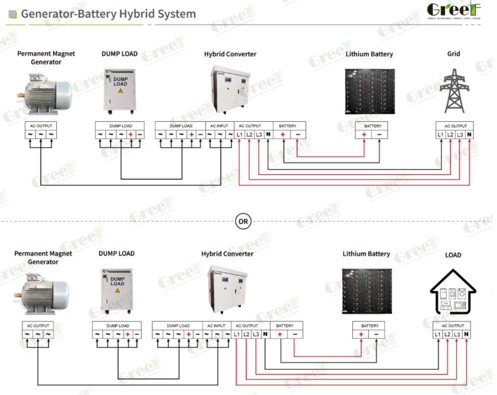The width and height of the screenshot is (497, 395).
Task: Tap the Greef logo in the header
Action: pos(454,11)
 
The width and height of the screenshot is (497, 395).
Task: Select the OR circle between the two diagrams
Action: pos(243,221)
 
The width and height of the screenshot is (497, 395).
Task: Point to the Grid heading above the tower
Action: pos(454,53)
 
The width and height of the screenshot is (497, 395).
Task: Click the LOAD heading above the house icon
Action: pos(453,255)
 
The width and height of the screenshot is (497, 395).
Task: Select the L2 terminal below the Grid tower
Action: pos(450,135)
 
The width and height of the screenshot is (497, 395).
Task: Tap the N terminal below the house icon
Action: pos(466,335)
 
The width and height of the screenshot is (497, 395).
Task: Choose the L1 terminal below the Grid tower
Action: pos(441,135)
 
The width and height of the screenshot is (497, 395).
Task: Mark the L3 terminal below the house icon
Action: pos(457,335)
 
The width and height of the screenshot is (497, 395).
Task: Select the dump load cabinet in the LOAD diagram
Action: pos(116,292)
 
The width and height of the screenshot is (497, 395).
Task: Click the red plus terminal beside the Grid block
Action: pos(364,135)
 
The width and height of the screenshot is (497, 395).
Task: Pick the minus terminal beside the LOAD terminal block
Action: pos(376,335)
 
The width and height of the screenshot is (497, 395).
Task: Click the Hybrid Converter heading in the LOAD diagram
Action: pos(227,254)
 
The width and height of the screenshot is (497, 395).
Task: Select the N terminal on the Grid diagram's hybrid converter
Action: pos(268,135)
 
